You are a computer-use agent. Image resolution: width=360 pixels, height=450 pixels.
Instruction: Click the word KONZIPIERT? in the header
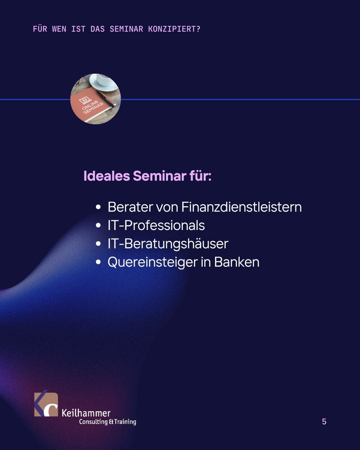click(x=174, y=29)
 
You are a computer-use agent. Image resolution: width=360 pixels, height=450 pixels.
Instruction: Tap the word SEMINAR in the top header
click(x=126, y=29)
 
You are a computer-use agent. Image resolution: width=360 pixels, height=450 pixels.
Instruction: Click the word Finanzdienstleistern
click(x=242, y=207)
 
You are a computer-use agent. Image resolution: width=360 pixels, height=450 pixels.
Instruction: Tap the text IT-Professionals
click(x=156, y=225)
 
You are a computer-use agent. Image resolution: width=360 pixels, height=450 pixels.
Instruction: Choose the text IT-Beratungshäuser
click(x=168, y=244)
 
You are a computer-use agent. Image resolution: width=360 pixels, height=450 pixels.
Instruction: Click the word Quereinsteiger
click(x=153, y=262)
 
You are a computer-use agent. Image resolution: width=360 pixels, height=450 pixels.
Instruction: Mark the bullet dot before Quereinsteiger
click(x=98, y=262)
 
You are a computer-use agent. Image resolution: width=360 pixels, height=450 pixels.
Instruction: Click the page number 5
click(x=324, y=422)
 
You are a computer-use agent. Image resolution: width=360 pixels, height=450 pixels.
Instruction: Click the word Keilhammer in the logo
click(x=86, y=413)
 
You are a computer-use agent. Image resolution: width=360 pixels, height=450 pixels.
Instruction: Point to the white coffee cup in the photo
click(x=104, y=81)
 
